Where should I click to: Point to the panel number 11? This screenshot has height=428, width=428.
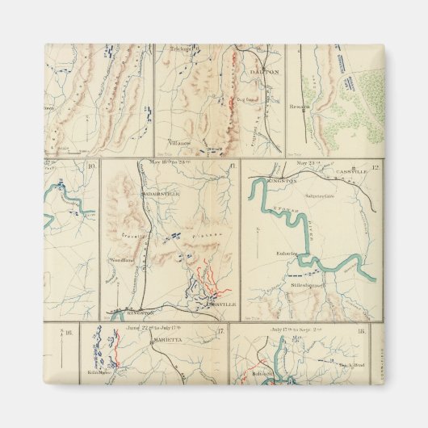point(233,166)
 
